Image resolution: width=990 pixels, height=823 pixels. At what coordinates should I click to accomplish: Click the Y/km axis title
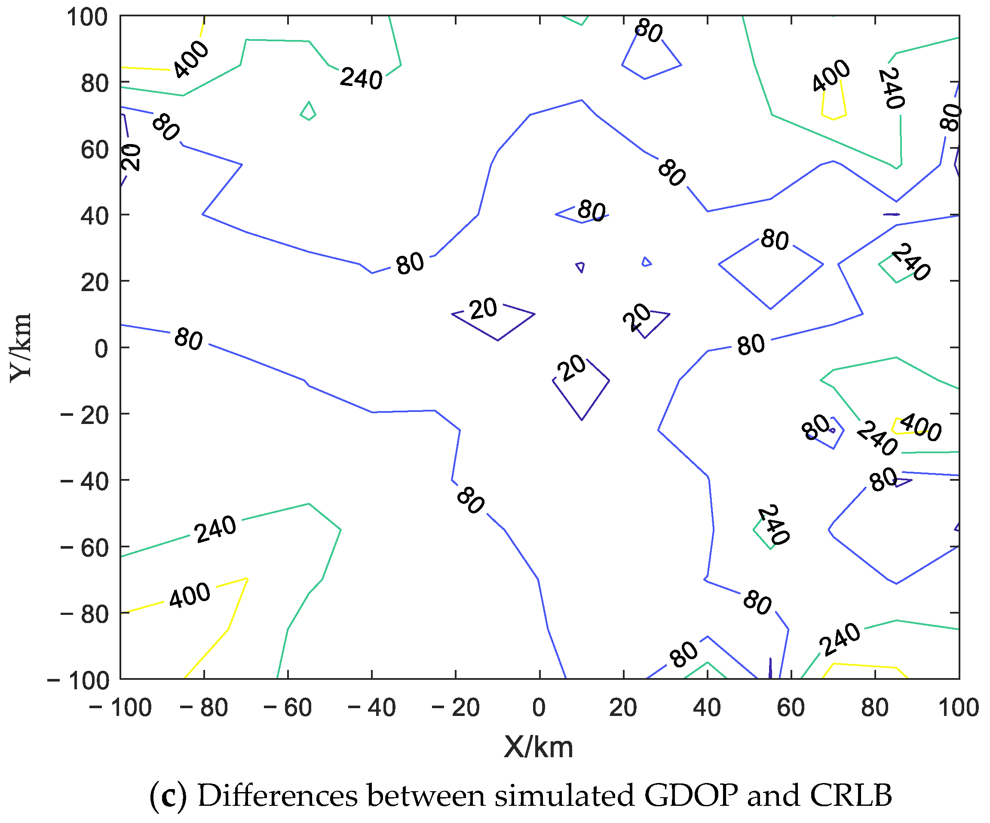coord(20,347)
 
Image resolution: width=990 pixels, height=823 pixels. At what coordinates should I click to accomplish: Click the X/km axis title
coord(538,746)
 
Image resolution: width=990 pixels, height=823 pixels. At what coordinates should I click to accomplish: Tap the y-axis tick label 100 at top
coord(87,18)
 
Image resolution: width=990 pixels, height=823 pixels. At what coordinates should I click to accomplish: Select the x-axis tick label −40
coord(371,707)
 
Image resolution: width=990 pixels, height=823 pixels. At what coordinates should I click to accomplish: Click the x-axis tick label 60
coord(791,707)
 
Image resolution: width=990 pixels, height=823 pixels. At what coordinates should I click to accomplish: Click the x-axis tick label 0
coord(539,707)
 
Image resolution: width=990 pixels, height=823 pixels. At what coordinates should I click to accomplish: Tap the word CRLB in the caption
coord(850,795)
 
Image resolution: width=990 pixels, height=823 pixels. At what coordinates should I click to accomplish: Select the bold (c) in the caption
coord(168,795)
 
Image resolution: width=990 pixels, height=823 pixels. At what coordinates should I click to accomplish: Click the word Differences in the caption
coord(277,795)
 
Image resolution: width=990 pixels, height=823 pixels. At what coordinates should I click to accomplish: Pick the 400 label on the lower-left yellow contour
coord(190,595)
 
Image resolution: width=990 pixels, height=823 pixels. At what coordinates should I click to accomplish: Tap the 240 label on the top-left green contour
coord(361,78)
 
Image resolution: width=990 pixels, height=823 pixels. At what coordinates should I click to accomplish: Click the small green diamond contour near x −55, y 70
coord(308,111)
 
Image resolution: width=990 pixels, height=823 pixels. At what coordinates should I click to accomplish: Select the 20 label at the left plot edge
coord(131,157)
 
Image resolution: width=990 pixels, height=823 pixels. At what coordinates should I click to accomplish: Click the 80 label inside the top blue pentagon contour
coord(649,31)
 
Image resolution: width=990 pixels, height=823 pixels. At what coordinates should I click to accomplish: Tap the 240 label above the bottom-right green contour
coord(840,639)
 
